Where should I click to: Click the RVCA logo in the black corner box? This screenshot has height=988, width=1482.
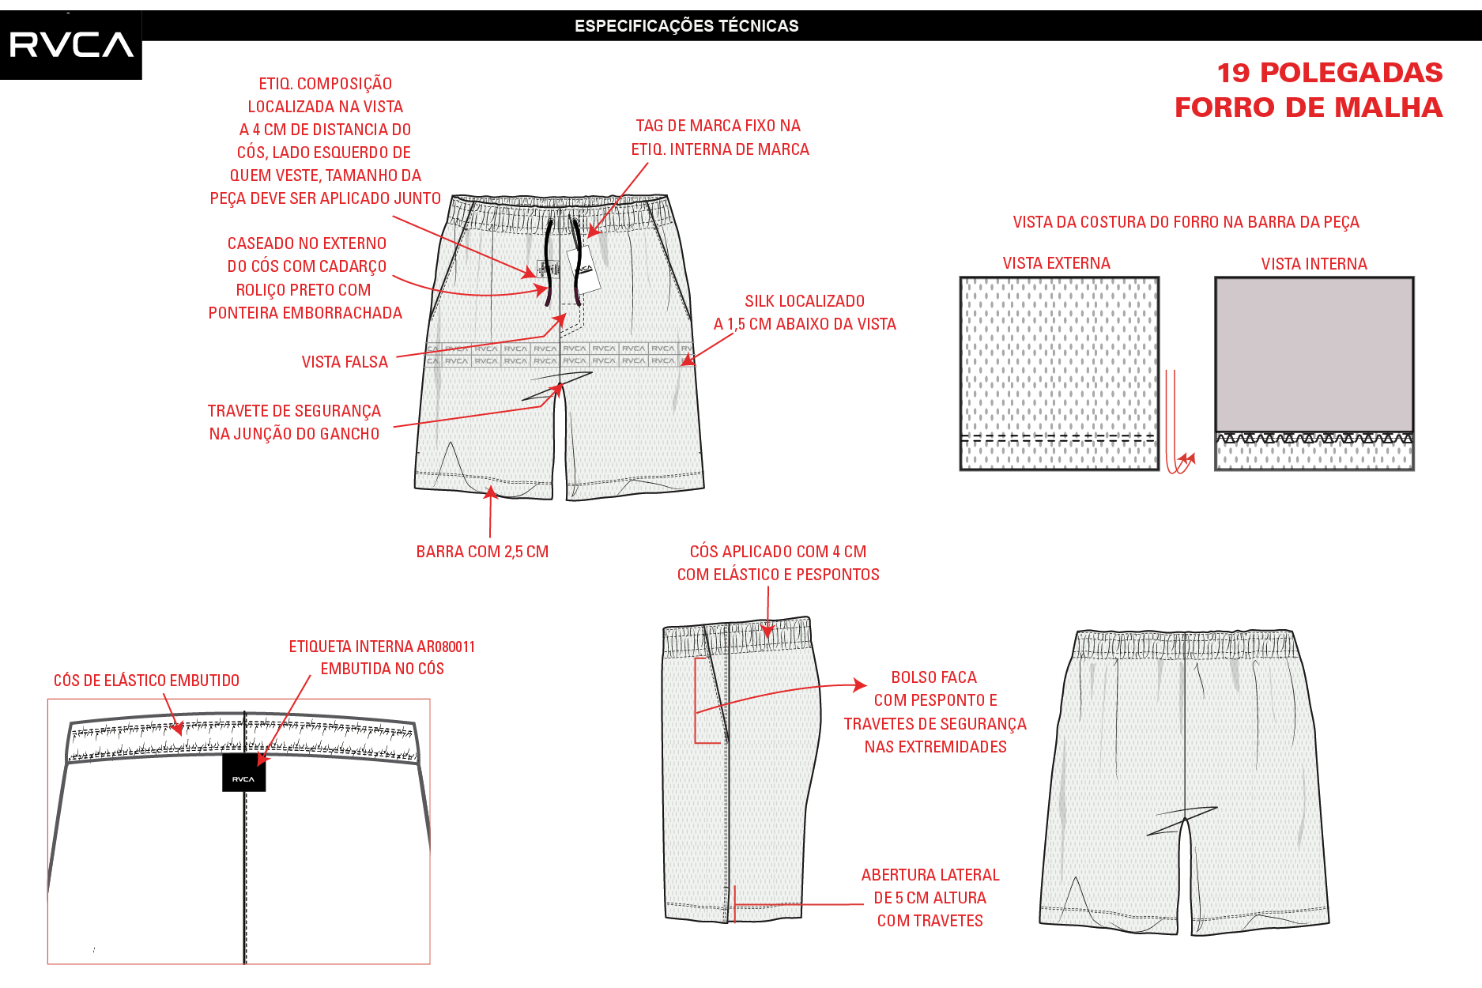click(71, 44)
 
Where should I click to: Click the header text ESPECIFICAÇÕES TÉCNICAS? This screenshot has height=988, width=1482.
click(686, 26)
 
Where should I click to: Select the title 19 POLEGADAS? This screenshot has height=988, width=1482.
click(1329, 73)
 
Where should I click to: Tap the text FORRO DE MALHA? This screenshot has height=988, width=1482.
click(1308, 107)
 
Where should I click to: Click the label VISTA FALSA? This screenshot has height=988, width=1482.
click(345, 362)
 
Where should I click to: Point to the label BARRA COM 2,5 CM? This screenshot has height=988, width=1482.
click(482, 552)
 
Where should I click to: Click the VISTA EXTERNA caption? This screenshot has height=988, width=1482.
click(1056, 263)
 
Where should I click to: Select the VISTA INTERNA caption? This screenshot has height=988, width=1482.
click(1314, 264)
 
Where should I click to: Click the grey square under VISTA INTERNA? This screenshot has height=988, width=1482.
click(1314, 354)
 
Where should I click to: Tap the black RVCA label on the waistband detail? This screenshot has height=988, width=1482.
click(243, 772)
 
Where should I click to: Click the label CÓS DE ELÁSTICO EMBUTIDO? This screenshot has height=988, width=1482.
click(146, 681)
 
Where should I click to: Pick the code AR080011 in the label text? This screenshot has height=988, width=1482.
click(446, 647)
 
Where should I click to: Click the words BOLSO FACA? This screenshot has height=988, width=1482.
click(933, 677)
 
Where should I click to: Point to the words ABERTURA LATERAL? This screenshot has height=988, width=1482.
click(930, 875)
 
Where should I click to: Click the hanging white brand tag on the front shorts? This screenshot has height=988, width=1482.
click(583, 270)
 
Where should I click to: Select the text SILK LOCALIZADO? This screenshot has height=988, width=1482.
click(805, 301)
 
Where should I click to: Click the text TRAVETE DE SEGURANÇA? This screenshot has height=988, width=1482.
click(294, 411)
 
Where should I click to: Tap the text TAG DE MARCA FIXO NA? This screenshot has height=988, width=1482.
click(718, 126)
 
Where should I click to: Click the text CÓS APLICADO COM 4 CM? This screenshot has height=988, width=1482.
click(778, 552)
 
